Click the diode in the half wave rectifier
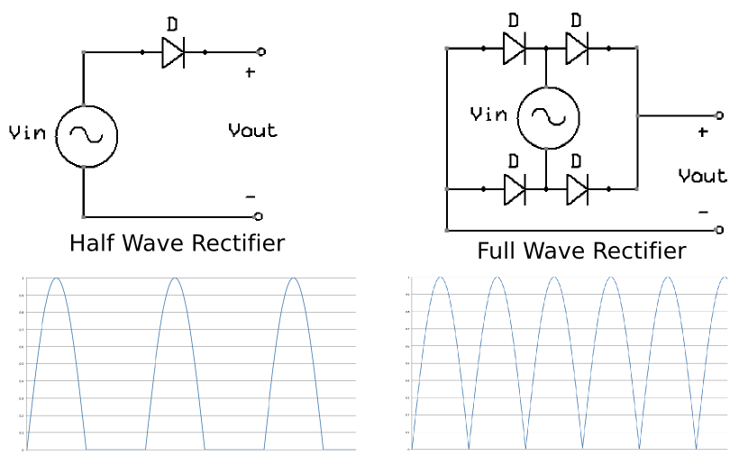coord(174,53)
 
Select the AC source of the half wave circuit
coord(86,135)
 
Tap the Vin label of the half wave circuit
coord(26,133)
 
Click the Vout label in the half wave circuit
coord(252,131)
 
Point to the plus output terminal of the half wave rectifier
coord(261,52)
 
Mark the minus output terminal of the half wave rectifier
coord(259,216)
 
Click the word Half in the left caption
coord(93,243)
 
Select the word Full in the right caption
coord(497,251)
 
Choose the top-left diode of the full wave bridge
coord(514,47)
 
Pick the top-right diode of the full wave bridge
coord(577,47)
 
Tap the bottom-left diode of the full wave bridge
coord(514,189)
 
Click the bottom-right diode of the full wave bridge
coord(577,189)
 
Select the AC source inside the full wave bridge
coord(546,115)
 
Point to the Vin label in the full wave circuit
coord(488,114)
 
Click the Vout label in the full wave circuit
coord(702,175)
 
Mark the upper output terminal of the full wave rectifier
coord(718,115)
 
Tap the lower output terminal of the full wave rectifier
coord(718,230)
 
